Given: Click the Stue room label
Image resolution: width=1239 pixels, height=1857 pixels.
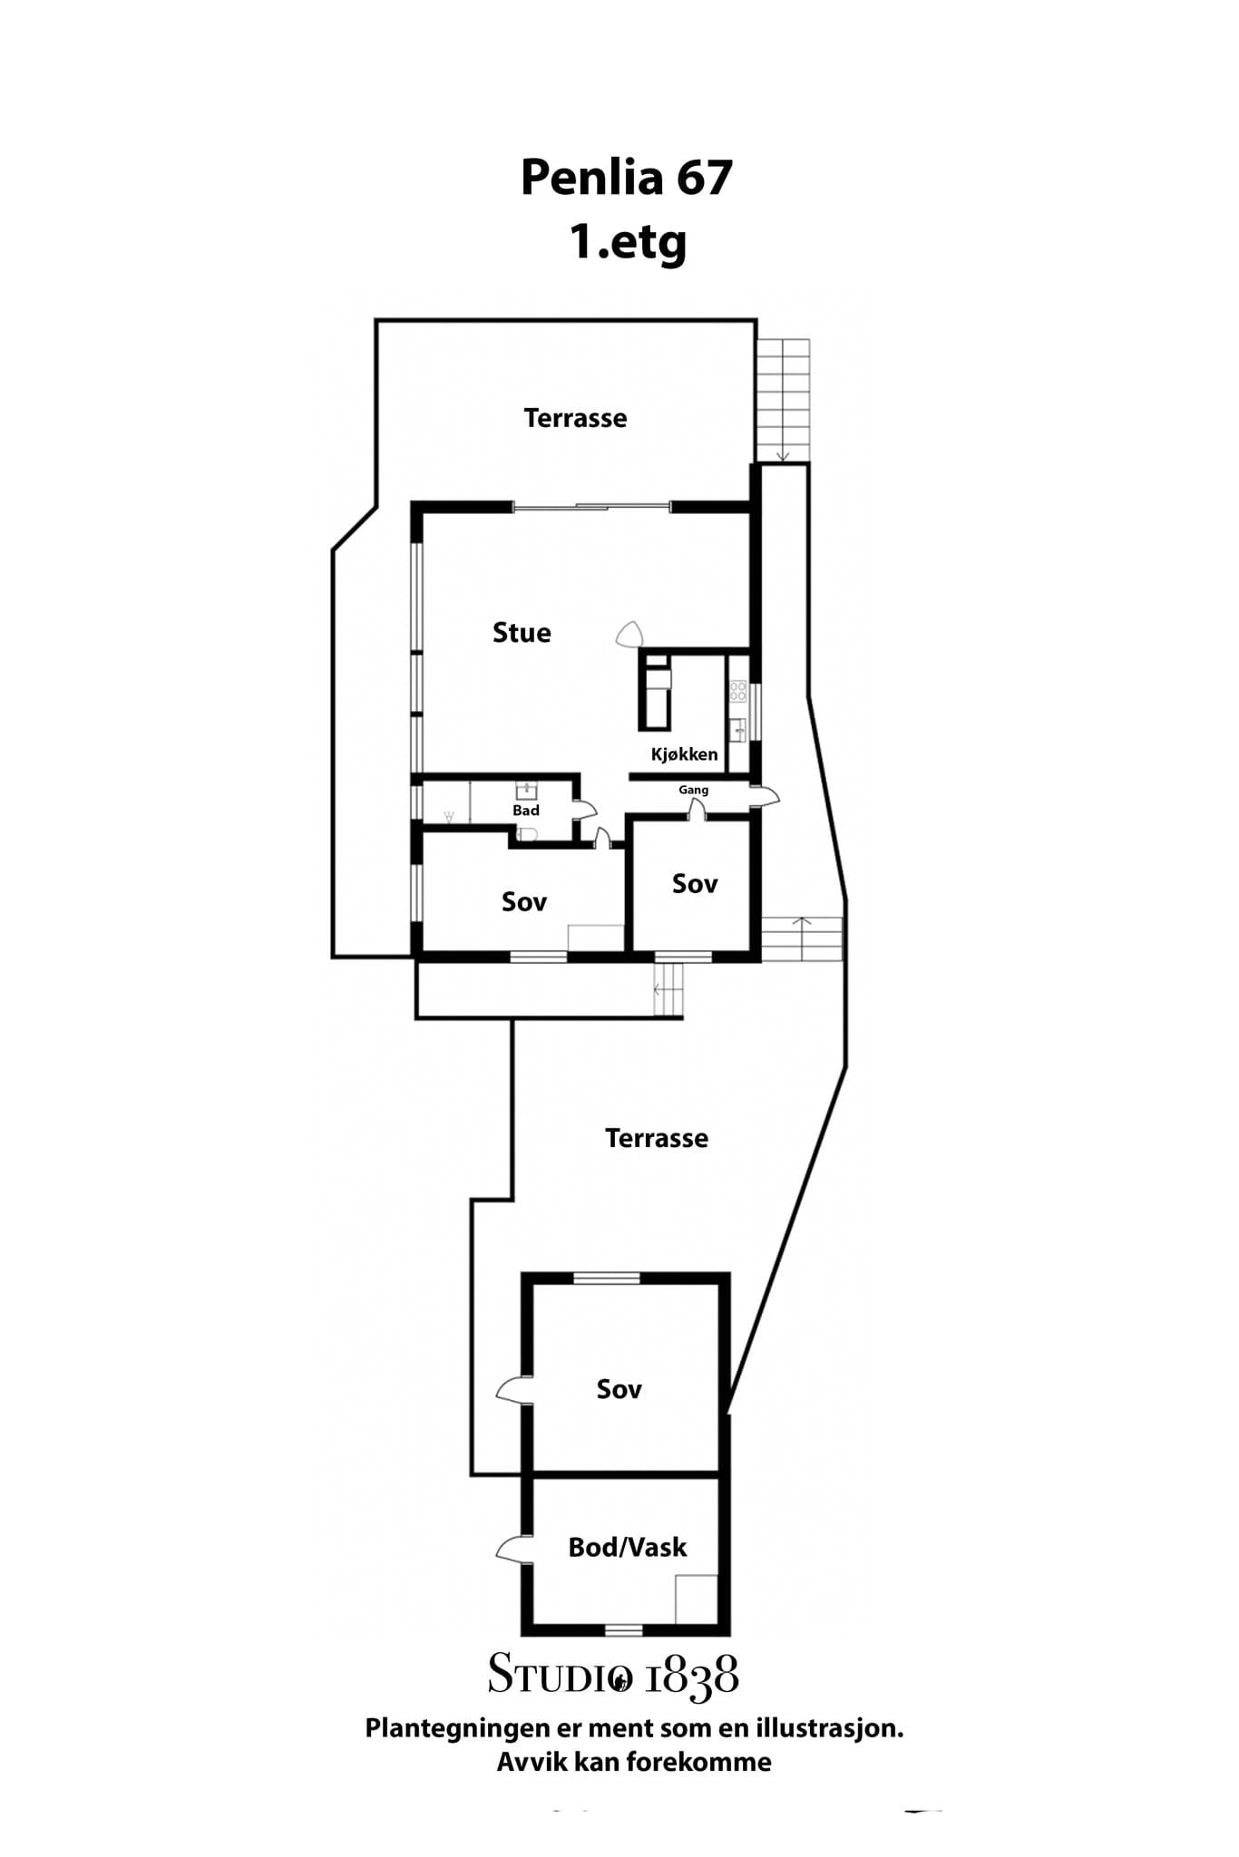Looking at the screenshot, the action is click(522, 632).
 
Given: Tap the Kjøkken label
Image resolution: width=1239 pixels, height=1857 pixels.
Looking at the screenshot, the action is click(684, 754).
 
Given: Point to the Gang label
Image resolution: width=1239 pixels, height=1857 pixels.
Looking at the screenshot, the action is click(694, 791).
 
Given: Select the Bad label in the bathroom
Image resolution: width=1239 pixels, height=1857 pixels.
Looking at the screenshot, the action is click(526, 811).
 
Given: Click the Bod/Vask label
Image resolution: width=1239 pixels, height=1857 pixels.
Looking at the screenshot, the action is click(628, 1547).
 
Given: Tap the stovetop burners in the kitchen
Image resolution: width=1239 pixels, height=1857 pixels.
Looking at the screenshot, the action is click(738, 692).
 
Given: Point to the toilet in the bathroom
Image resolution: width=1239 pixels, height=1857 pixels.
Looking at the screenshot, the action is click(528, 834).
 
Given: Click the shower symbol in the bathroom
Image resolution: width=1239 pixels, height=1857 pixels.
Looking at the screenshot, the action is click(448, 817).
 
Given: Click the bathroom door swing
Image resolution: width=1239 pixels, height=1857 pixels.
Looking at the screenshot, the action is click(585, 810).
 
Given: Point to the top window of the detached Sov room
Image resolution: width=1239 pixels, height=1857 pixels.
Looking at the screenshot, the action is click(607, 1279).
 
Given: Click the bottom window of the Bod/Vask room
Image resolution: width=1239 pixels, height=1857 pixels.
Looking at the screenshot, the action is click(623, 1630).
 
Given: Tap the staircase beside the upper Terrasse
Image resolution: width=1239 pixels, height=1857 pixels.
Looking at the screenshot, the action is click(784, 400).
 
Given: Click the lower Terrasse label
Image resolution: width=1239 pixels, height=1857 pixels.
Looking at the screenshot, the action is click(657, 1138).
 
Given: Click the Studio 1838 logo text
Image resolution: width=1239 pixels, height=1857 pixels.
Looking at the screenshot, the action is click(613, 1675).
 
